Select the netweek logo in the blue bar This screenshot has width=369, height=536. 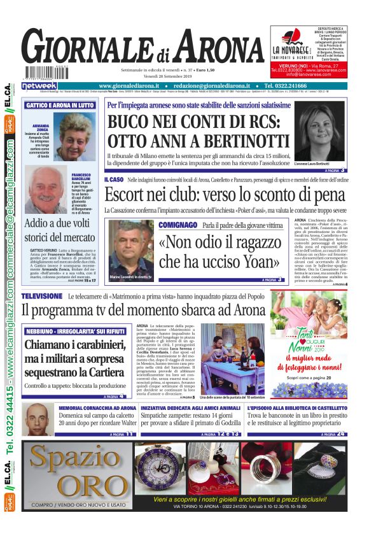[39, 85]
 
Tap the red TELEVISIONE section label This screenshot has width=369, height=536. [42, 297]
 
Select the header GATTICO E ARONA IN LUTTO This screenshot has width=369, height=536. [59, 105]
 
